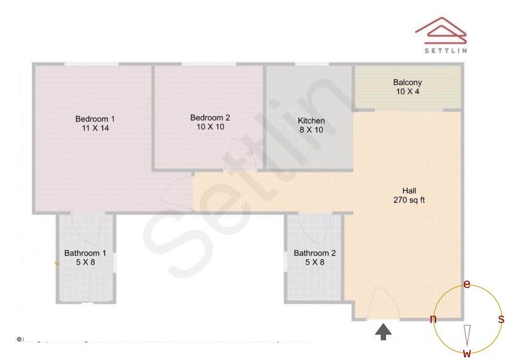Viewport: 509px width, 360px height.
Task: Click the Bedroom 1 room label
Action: click(95, 119)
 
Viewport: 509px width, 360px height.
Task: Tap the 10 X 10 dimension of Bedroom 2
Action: click(210, 127)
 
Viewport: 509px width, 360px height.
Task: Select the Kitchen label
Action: click(311, 121)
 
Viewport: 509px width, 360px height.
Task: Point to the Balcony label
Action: click(408, 82)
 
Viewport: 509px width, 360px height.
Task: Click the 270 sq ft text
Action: click(409, 200)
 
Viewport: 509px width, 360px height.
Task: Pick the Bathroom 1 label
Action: click(85, 253)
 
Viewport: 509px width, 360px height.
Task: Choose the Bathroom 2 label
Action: click(315, 253)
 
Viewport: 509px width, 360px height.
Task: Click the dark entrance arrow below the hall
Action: click(384, 331)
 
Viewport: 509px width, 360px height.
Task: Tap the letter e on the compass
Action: click(467, 284)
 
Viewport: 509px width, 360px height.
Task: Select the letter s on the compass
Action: click(501, 319)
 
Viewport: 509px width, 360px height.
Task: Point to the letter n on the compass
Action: click(433, 319)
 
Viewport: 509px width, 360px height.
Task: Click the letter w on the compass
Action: click(467, 353)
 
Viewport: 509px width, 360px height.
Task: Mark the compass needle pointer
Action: click(467, 335)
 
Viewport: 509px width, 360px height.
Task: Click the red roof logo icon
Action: click(441, 31)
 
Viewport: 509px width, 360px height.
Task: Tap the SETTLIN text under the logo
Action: click(445, 51)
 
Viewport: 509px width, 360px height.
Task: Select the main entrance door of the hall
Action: click(383, 304)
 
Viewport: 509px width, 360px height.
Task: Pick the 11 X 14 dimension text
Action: click(95, 128)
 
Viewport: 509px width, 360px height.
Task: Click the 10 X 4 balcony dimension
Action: click(408, 91)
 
